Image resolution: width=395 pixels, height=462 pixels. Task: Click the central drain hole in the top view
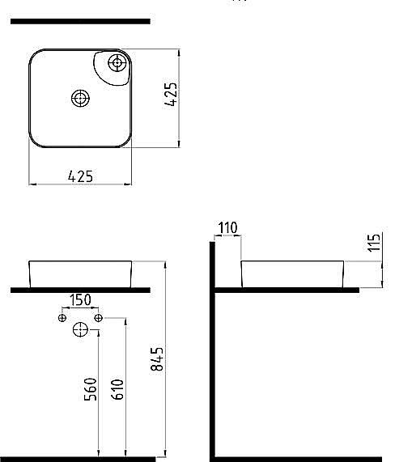pos(79,99)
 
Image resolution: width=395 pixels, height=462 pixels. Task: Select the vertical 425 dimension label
pos(171,98)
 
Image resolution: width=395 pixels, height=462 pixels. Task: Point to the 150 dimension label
pos(80,300)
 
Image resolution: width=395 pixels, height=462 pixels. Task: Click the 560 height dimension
pos(91,388)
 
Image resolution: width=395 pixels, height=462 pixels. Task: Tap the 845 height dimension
pos(159,360)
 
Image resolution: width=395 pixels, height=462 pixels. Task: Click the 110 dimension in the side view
pos(227,229)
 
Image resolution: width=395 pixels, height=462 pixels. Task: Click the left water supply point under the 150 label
pos(62,319)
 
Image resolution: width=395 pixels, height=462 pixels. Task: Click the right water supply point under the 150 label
pos(99,319)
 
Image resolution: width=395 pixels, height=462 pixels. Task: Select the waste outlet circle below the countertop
pos(80,329)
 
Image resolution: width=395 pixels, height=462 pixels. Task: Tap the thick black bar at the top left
pos(80,21)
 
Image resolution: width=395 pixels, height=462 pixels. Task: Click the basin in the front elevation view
pos(80,273)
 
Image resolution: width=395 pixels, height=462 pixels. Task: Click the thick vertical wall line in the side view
pos(213,356)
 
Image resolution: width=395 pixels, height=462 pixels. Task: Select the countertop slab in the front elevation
pos(80,289)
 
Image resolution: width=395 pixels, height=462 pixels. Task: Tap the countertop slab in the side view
pos(291,289)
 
